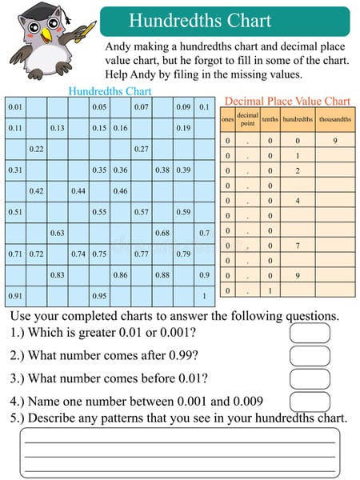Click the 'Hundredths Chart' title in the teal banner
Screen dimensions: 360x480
199,21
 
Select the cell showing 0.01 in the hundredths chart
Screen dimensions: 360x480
15,107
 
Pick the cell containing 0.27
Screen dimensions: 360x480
142,149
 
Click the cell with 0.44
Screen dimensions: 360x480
78,191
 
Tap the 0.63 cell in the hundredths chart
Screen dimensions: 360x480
58,233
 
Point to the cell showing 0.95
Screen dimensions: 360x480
99,296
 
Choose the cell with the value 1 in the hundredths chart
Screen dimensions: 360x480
205,296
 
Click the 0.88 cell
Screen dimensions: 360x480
162,274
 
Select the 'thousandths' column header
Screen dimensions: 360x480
334,119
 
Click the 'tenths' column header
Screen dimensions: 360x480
270,119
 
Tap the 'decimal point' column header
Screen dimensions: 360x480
248,119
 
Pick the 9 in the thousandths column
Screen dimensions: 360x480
334,142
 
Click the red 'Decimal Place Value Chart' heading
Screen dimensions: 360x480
287,101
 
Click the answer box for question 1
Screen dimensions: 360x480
310,333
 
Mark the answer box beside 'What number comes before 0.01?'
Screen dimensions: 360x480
310,378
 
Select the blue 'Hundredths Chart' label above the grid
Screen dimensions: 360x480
110,91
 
